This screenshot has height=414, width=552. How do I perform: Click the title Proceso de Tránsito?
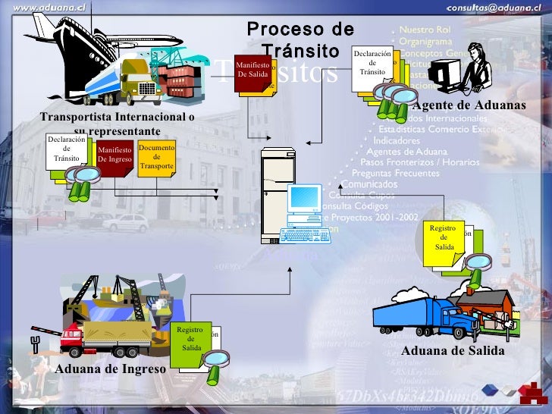pos(300,39)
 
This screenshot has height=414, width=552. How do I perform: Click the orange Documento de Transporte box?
pos(157,157)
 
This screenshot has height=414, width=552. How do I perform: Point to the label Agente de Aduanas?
pos(470,105)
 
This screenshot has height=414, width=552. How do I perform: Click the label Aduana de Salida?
pos(452,351)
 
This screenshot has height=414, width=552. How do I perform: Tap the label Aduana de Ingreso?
pos(111,369)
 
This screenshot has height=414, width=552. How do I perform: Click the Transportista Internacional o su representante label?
pos(117,124)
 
